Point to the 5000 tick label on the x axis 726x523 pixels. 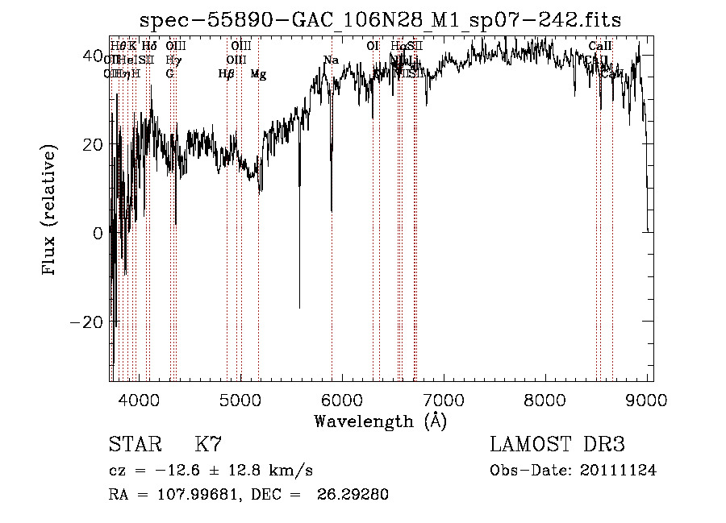point(240,399)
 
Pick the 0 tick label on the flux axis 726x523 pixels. point(98,233)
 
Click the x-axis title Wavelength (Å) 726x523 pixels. point(380,421)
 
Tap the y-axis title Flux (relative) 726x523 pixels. point(50,210)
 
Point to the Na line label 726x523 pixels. point(331,60)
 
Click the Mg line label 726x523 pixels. point(258,74)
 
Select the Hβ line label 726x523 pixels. point(227,74)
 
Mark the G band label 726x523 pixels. point(169,74)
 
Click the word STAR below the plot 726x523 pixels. point(135,445)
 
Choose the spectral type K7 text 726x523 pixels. point(208,445)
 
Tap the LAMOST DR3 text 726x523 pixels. point(557,445)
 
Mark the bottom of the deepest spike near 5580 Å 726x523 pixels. point(300,308)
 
